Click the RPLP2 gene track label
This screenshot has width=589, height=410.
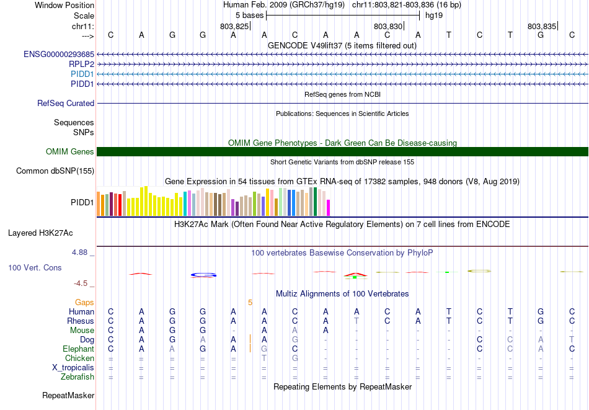click(81, 64)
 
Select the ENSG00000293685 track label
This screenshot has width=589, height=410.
click(59, 55)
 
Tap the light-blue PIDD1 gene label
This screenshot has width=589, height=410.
click(82, 74)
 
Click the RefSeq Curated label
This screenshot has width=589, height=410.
click(66, 104)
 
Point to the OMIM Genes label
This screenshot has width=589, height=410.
click(70, 152)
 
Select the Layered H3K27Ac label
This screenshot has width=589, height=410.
click(40, 233)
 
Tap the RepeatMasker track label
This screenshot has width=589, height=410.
click(68, 395)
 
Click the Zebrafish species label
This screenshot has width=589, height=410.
click(77, 377)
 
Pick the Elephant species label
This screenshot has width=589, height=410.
click(78, 349)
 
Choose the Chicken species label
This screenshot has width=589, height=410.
click(80, 358)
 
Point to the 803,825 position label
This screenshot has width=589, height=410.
click(234, 27)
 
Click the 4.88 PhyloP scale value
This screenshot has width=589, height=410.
click(80, 252)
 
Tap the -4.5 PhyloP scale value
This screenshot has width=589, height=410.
click(81, 283)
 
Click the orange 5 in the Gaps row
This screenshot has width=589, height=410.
click(250, 302)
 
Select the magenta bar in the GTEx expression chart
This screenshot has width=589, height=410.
click(328, 207)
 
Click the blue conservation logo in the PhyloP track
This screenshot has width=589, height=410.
click(203, 274)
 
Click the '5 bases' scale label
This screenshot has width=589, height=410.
click(249, 15)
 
